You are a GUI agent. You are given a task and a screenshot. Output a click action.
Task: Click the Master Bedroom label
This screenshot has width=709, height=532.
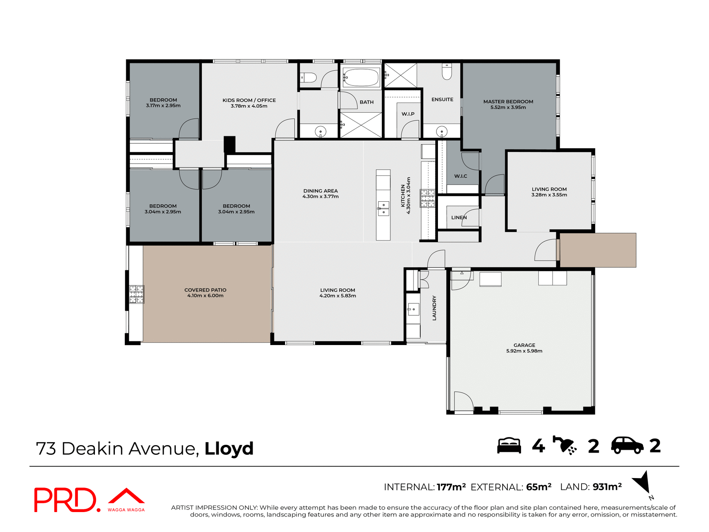point(508,102)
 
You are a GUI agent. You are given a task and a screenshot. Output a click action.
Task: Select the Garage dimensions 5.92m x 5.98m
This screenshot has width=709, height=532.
point(524,351)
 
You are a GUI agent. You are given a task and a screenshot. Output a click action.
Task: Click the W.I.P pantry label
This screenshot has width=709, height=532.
point(408,114)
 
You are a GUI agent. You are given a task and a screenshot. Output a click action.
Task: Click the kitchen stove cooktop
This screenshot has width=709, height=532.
point(427,198)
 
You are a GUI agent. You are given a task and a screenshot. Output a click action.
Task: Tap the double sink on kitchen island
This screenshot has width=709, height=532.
point(383,208)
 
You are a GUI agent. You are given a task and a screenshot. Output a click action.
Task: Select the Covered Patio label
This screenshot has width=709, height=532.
point(205,290)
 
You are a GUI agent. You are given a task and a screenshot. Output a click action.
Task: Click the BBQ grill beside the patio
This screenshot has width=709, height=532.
point(136,294)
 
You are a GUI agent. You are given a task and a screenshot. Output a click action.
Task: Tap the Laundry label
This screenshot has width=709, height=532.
point(434,308)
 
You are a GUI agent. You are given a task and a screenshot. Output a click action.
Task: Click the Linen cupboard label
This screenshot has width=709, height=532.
point(459,218)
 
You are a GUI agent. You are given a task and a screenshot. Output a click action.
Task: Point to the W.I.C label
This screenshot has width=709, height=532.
point(460,176)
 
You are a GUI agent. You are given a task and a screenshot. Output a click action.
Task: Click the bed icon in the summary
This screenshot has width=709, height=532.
point(509,446)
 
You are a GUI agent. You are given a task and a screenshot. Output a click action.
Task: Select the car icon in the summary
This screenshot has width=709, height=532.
point(627,446)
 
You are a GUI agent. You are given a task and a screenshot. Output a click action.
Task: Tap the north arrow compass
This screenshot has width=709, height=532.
point(643,482)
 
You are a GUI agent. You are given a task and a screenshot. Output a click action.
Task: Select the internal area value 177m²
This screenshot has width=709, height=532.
point(451,487)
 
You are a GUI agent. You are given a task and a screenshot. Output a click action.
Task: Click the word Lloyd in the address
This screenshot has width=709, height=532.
point(229,449)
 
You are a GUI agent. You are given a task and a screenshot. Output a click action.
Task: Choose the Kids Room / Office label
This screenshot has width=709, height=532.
point(249,100)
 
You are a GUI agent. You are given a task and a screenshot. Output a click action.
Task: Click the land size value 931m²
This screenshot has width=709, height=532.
point(607,487)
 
